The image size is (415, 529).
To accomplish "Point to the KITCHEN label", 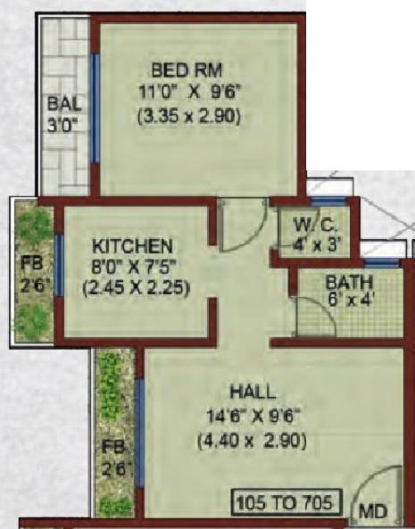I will (133, 244).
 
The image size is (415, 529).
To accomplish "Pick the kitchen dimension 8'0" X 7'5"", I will (134, 267).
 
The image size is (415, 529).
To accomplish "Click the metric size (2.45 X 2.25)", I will (135, 288).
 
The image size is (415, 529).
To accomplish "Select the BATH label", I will (324, 284).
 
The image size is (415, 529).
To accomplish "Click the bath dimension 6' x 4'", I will (324, 300).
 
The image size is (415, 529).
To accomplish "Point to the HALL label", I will (253, 391).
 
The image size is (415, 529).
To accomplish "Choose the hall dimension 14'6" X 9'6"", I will (253, 414).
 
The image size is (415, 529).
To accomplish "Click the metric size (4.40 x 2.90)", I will (253, 439).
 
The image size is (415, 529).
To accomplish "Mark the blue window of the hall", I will (140, 426).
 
